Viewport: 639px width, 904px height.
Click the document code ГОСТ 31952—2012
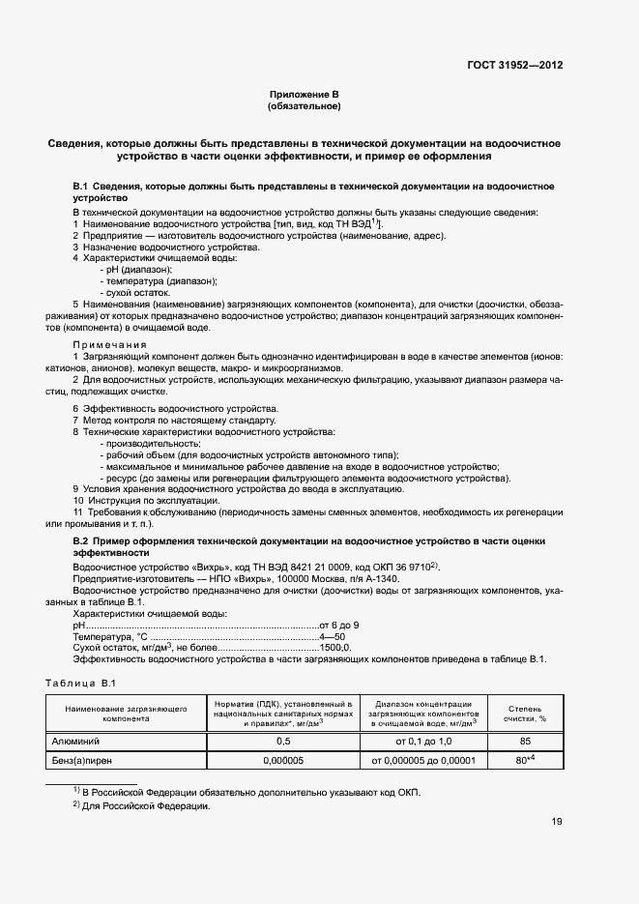click(514, 65)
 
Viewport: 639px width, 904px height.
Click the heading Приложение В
click(305, 94)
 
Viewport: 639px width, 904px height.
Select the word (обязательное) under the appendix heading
click(305, 106)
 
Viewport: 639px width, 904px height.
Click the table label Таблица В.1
click(81, 684)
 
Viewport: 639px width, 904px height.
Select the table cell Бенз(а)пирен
click(83, 762)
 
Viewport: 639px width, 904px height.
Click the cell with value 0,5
click(283, 741)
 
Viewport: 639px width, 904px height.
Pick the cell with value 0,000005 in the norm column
click(283, 762)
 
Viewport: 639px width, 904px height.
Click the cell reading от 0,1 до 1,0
click(423, 741)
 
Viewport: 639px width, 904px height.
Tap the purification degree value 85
click(525, 741)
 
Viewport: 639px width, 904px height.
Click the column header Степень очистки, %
click(525, 714)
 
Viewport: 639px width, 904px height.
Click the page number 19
click(556, 822)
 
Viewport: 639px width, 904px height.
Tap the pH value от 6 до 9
click(339, 625)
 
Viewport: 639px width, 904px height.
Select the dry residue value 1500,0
click(334, 648)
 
